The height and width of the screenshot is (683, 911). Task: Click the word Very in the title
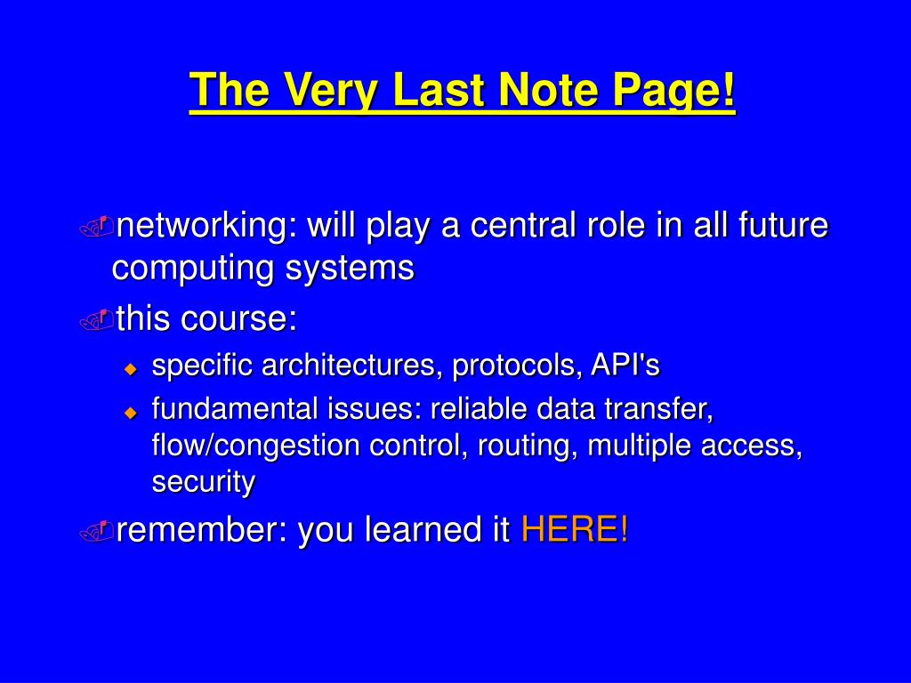pos(331,91)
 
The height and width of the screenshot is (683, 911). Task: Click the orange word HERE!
pos(574,528)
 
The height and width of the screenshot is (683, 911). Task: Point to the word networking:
pos(206,225)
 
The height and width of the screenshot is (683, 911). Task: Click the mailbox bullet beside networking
pos(96,227)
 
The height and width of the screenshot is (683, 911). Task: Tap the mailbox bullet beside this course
pos(96,320)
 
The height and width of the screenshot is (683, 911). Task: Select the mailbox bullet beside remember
pos(96,531)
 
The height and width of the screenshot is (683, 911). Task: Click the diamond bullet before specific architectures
pos(131,369)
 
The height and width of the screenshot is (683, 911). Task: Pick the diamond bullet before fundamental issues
pos(131,413)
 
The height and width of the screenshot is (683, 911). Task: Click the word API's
pos(625,366)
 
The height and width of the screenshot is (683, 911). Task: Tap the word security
pos(204,482)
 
